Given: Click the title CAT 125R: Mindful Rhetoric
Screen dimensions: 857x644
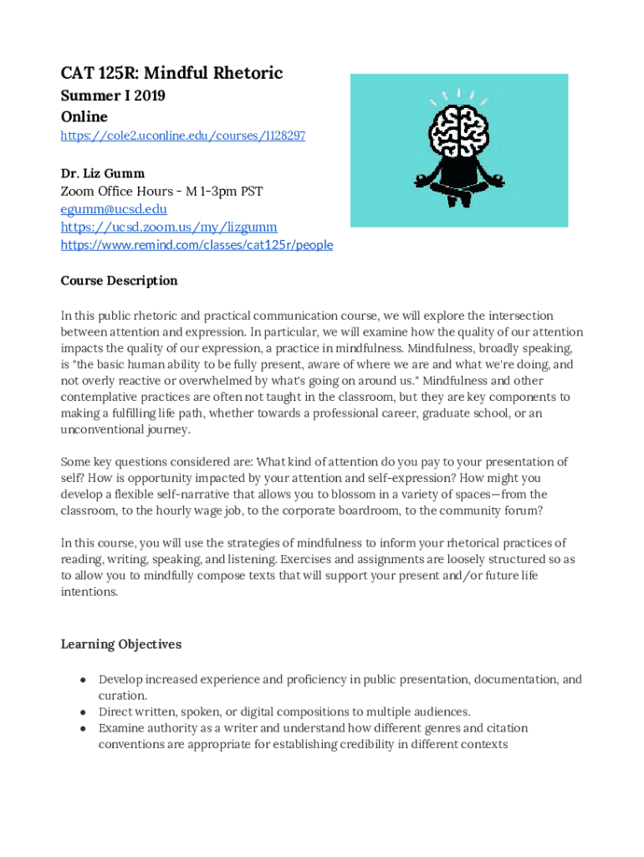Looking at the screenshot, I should [171, 74].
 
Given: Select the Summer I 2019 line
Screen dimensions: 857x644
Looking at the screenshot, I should [113, 95].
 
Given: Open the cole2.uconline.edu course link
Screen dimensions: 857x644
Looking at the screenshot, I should [182, 135].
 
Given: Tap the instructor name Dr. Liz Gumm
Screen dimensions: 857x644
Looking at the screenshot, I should [102, 173].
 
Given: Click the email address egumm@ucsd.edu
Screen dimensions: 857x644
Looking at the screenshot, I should [114, 209].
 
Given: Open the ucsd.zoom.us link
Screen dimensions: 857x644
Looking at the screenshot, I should [169, 227].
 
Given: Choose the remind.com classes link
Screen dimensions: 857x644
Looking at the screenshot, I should [197, 245].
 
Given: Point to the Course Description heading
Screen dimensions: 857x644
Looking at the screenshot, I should [119, 280].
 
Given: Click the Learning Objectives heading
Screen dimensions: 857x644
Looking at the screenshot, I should [120, 644].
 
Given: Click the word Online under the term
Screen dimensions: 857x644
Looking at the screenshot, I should [84, 116].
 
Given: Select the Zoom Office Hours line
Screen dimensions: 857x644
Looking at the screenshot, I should [161, 192].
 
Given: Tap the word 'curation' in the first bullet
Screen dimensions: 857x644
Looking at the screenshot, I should [121, 695].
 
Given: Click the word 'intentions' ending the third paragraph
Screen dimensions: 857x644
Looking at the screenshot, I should [89, 592].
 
